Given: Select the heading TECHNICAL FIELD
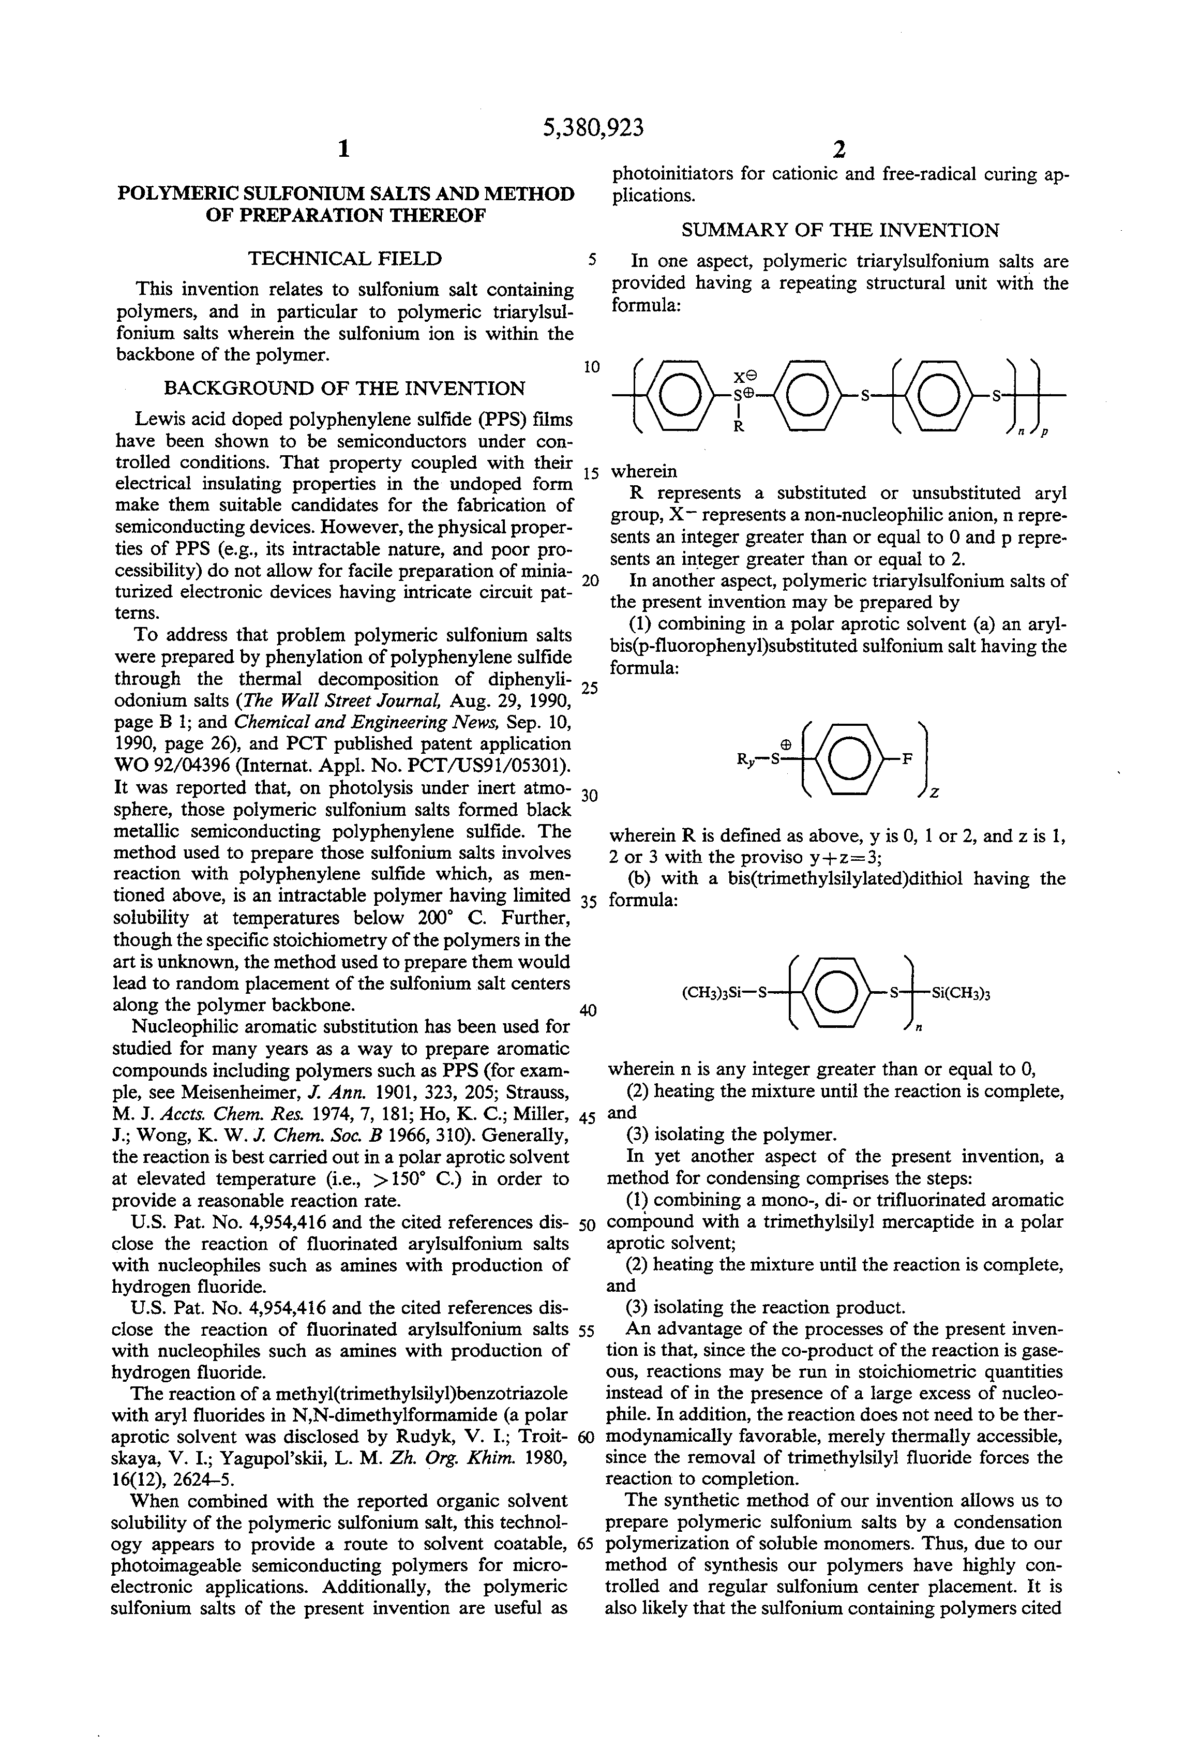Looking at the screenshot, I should click(x=344, y=259).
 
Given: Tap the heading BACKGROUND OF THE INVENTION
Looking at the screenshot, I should click(x=344, y=389).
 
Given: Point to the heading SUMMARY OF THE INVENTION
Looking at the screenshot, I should click(x=839, y=230).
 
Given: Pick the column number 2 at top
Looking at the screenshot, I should click(x=839, y=150).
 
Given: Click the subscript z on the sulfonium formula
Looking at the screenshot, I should click(x=935, y=793).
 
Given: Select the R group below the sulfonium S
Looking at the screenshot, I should click(x=737, y=426).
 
